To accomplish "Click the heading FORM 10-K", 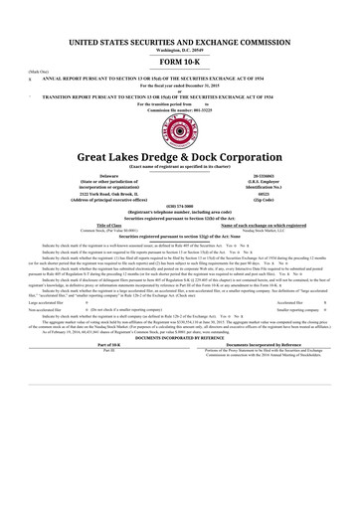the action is coord(180,62).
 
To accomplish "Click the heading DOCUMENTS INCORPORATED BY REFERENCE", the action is coord(180,367).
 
